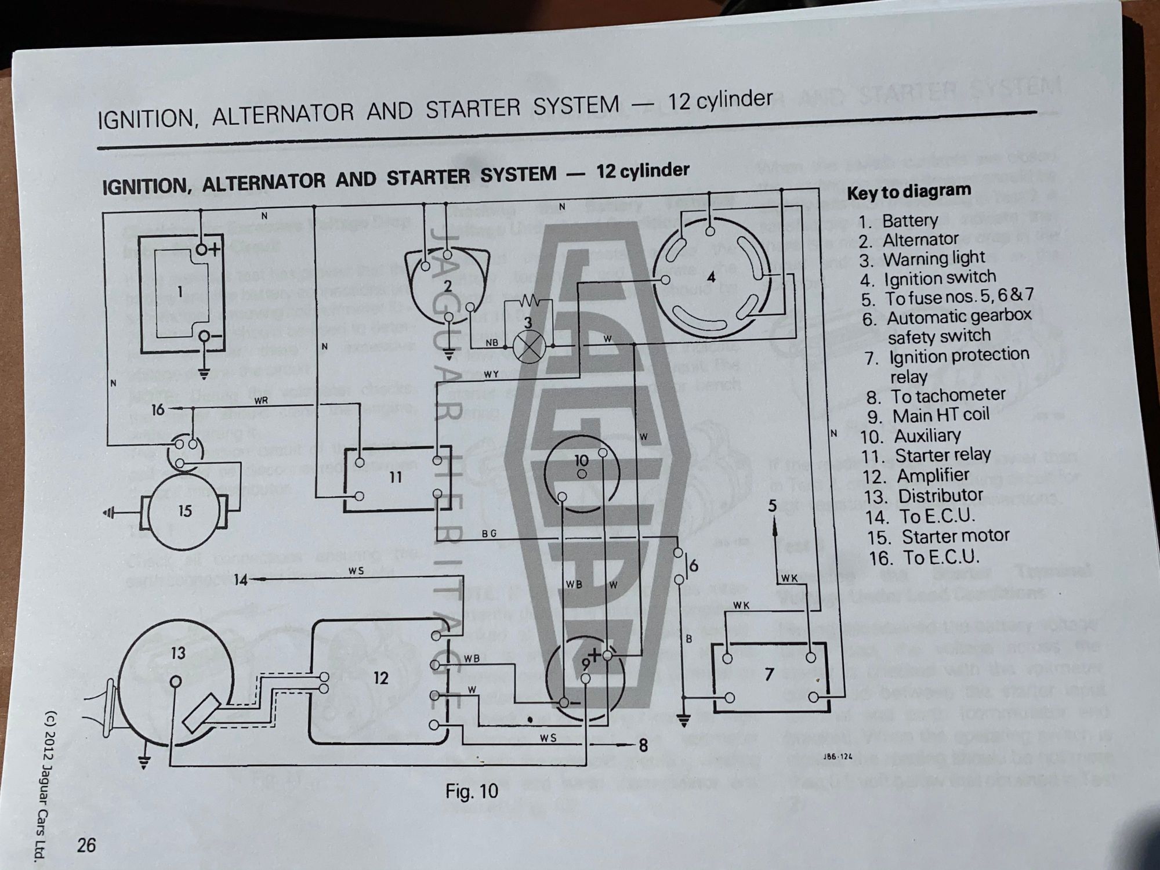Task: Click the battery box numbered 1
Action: pos(182,292)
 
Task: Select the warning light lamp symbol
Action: pos(528,347)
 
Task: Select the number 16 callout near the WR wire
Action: pos(158,410)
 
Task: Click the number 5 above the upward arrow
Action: pos(773,506)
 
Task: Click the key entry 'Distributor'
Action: pos(940,496)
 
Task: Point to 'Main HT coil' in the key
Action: pos(941,416)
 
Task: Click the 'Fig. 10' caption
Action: pos(472,791)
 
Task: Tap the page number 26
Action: pos(86,845)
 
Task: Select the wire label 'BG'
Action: pos(489,534)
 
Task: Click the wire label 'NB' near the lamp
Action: pos(491,342)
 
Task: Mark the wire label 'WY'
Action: pos(491,374)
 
